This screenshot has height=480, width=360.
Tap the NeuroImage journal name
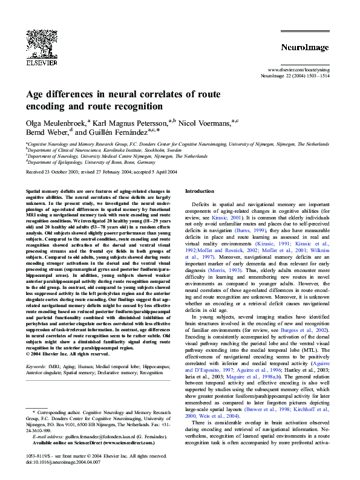click(304, 47)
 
